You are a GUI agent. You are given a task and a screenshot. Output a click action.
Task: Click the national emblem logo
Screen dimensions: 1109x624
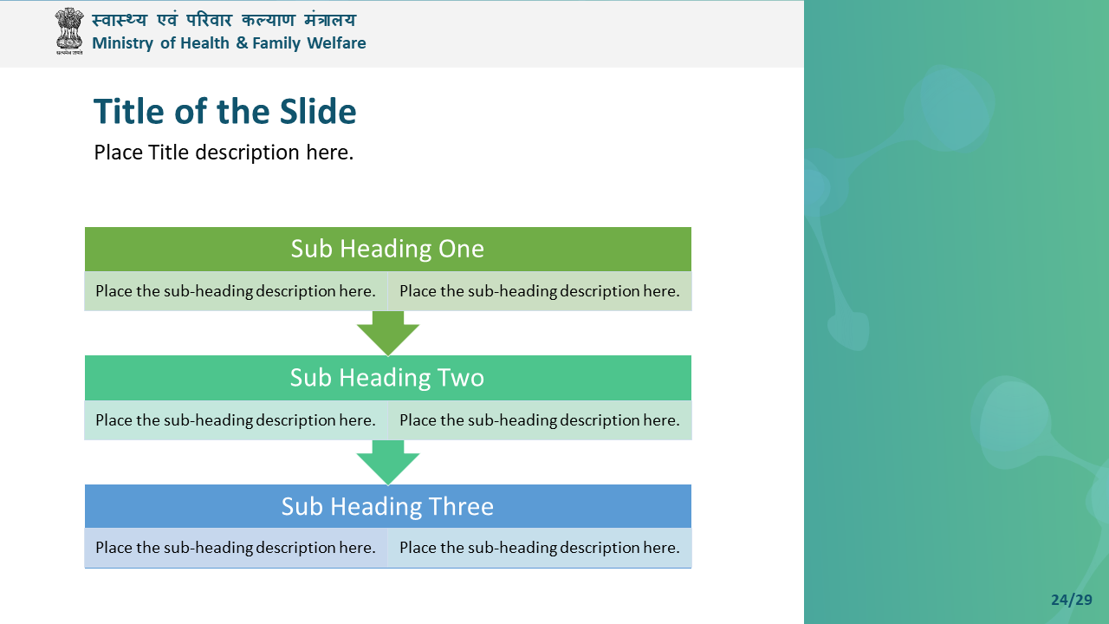pos(68,30)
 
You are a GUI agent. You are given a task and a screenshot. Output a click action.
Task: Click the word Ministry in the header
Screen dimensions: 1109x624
pos(122,43)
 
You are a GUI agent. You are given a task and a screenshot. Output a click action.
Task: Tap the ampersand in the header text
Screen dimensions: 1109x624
pos(242,42)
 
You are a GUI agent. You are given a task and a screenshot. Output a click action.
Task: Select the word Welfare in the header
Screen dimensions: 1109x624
pos(336,42)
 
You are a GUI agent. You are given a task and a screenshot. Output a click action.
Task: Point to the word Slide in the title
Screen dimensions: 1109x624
pos(318,111)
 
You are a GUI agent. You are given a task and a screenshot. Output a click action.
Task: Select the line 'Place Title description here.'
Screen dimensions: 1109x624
pos(224,153)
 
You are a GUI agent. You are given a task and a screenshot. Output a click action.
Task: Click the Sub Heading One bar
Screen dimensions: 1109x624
pos(387,249)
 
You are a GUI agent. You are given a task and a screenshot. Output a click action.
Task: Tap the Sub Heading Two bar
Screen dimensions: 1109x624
pos(387,378)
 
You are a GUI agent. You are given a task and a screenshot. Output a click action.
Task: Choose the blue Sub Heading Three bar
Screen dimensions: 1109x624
pos(387,506)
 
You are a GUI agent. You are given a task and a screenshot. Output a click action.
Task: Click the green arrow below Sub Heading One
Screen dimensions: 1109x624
pos(387,333)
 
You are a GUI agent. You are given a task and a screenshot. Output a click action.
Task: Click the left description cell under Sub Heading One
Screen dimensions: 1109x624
pos(236,291)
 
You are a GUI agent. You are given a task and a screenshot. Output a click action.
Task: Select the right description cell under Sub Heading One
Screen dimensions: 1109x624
pos(539,291)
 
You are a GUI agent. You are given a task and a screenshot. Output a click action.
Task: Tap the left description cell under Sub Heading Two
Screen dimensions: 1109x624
pos(236,420)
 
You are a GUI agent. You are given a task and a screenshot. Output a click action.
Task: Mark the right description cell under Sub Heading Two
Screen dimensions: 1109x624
pos(539,420)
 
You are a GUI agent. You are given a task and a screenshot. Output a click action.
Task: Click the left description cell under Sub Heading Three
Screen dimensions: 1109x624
pos(236,548)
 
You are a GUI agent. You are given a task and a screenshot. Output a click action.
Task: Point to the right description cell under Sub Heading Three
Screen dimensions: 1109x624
pos(539,548)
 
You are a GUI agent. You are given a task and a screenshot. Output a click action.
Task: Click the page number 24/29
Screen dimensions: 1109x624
pos(1072,600)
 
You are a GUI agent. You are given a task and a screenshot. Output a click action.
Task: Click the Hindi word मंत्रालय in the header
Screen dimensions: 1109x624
pos(330,20)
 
